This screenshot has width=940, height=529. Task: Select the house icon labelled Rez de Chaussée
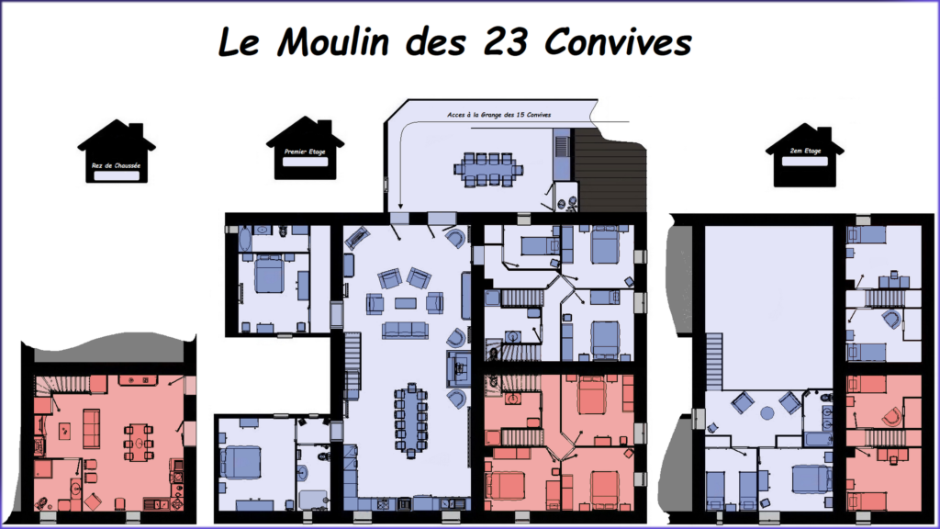117,152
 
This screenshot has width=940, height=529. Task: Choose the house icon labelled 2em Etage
804,154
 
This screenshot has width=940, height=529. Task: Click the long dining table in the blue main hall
411,419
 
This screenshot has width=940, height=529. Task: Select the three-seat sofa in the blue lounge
404,330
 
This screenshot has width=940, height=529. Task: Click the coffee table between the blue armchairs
404,302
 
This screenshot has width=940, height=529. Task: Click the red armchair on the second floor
891,415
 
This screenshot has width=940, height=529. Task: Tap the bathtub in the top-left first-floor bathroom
246,240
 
